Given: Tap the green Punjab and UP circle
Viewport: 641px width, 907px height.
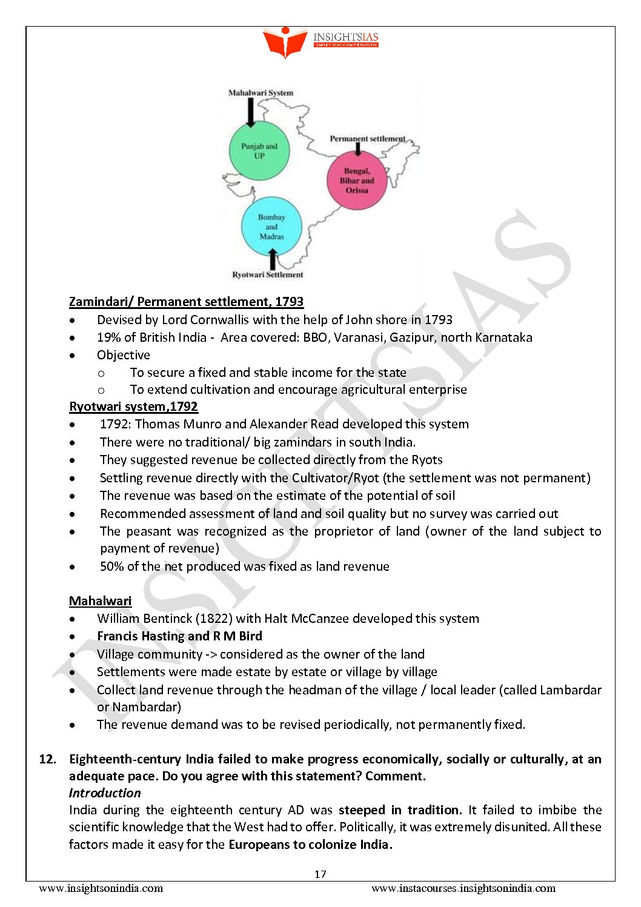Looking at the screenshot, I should [x=259, y=151].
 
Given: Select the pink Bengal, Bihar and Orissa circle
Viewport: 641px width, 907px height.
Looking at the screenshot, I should [x=357, y=181].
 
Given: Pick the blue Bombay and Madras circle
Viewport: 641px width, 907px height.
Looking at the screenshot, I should [x=271, y=227].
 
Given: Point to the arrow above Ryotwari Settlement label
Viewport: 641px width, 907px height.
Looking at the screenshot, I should [x=273, y=259].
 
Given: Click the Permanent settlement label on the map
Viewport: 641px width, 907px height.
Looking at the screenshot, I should [x=367, y=139].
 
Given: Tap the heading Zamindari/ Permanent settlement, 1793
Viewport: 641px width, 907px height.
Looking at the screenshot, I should [x=186, y=302].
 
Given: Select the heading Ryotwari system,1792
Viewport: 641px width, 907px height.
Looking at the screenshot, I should [x=133, y=407].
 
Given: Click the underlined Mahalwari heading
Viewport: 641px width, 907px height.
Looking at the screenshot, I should [x=100, y=601].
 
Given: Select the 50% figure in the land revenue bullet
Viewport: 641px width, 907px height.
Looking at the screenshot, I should [x=112, y=566].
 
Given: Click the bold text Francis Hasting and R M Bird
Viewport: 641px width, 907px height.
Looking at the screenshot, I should [x=179, y=636].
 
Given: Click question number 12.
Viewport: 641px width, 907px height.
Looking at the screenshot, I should [x=47, y=759].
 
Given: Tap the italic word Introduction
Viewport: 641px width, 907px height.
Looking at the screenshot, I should [x=105, y=793].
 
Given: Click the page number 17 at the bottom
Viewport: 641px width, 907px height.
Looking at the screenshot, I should [x=320, y=874].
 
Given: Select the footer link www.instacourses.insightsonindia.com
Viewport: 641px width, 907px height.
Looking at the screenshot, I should [x=463, y=888].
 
